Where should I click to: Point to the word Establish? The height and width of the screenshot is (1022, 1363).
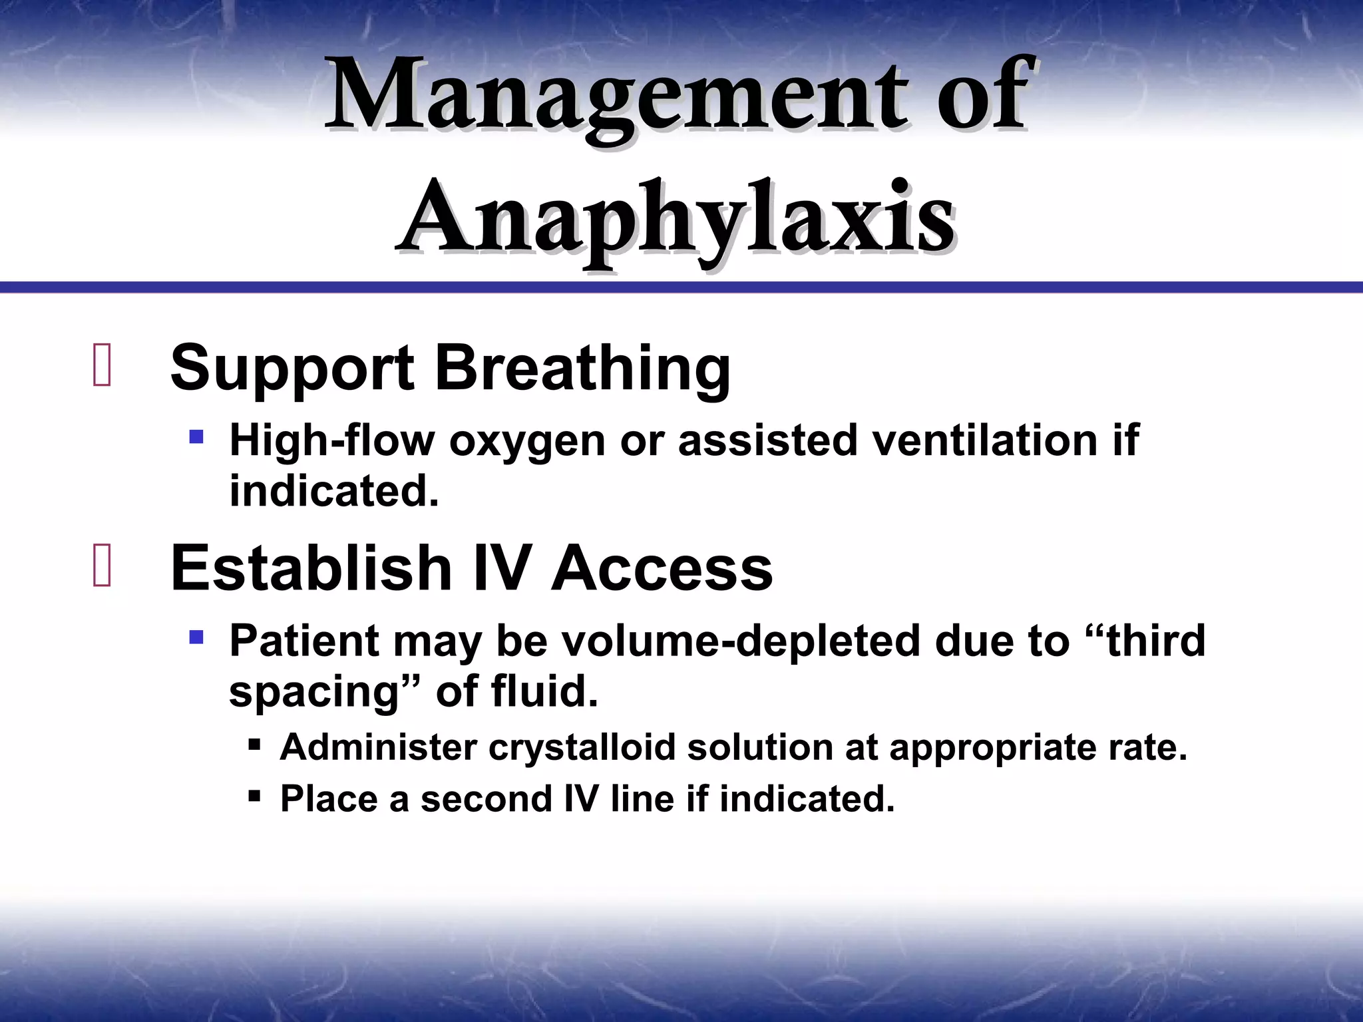(311, 568)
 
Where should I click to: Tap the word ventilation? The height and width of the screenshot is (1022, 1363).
(984, 440)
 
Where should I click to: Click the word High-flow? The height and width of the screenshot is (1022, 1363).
(331, 440)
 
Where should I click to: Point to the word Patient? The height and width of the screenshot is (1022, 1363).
(303, 641)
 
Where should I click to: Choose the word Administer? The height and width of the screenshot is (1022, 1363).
(378, 747)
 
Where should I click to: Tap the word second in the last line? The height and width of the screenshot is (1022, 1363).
(486, 798)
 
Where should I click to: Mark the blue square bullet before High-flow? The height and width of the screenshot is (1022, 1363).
(196, 438)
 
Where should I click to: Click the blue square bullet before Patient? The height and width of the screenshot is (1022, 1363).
(196, 638)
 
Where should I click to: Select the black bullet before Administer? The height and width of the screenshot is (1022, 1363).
(254, 744)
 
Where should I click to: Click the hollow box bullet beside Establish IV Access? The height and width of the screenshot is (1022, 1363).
(102, 566)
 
